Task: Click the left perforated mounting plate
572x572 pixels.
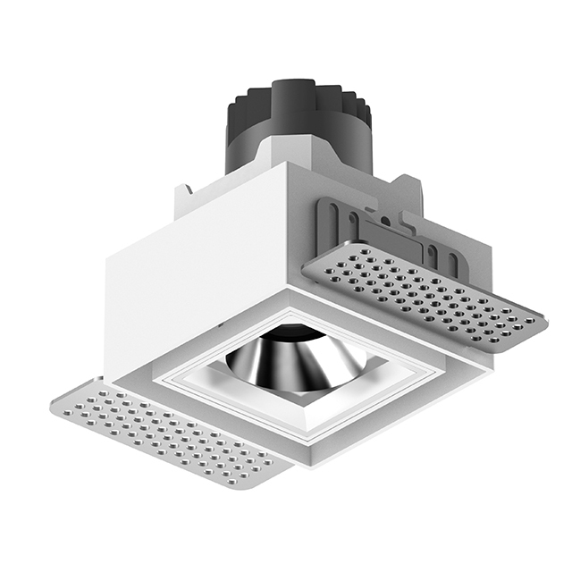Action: [x=165, y=433]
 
